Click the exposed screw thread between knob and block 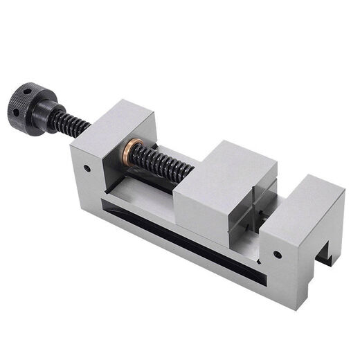pyautogui.click(x=73, y=125)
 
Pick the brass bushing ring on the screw pyautogui.click(x=133, y=149)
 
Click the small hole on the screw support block pyautogui.click(x=87, y=168)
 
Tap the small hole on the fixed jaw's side pyautogui.click(x=277, y=254)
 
